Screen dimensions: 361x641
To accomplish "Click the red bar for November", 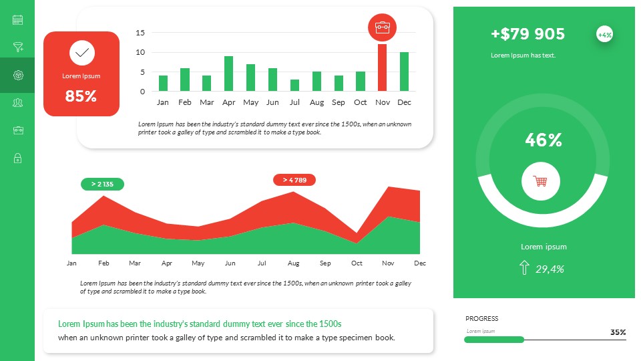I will tap(382, 68).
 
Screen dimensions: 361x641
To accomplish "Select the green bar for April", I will tap(228, 74).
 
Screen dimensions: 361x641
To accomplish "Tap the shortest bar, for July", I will tap(294, 86).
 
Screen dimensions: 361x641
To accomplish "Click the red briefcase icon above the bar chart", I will tap(383, 27).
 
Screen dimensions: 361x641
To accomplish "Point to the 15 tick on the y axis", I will tap(140, 32).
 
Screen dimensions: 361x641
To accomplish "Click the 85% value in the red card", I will tap(81, 96).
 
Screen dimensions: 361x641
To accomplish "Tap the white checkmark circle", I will tap(81, 52).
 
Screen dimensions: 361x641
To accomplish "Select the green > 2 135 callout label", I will tap(102, 184).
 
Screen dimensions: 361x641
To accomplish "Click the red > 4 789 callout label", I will tap(294, 180).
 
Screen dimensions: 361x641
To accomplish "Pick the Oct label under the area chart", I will tap(357, 263).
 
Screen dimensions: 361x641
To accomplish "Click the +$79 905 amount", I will tap(527, 34).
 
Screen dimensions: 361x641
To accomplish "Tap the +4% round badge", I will tap(604, 35).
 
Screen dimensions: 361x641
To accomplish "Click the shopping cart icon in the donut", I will tap(541, 181).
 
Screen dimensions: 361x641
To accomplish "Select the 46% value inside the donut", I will tap(544, 140).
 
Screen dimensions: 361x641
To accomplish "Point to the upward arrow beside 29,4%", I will tap(523, 269).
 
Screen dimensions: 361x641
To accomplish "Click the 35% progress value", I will tap(618, 332).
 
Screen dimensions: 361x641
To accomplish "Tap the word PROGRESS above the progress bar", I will tap(482, 319).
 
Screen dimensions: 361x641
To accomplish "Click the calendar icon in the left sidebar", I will tap(17, 20).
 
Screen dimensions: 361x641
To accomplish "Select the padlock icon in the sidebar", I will tap(17, 158).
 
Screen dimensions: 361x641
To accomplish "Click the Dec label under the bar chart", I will tap(404, 102).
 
